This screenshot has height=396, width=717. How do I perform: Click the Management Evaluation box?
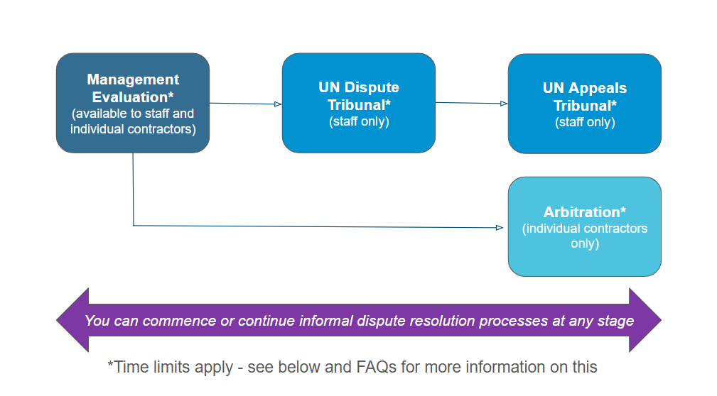coord(133,103)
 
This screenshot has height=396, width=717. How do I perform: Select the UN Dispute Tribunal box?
coord(358,103)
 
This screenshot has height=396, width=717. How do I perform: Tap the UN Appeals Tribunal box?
coord(584,104)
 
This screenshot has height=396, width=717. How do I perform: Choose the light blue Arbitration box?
coord(584,226)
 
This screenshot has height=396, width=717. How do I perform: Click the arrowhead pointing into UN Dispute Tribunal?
coord(278,104)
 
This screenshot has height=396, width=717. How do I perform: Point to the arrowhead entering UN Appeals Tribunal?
coord(503,104)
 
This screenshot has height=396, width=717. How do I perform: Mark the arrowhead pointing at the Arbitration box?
coord(500,228)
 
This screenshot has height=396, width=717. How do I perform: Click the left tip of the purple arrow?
coord(57,320)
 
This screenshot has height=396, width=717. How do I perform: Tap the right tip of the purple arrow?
coord(661,320)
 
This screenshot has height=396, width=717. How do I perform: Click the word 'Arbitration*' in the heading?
coord(584,212)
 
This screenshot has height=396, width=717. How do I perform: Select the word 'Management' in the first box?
coord(133,79)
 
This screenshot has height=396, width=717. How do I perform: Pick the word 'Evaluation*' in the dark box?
coord(133,97)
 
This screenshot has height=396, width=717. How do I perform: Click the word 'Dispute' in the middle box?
coord(372,87)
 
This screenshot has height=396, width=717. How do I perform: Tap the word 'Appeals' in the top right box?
coord(598,88)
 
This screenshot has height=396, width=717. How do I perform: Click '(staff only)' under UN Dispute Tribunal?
coord(359,121)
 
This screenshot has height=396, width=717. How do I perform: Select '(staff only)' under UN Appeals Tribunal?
coord(585,122)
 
